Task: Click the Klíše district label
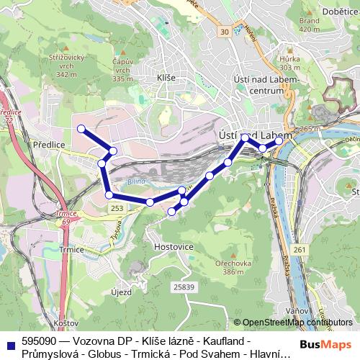point(166,76)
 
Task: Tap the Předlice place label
point(50,145)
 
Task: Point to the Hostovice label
point(174,246)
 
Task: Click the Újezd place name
point(121,292)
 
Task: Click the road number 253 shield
point(118,207)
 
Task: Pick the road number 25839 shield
point(184,287)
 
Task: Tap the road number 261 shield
point(300,250)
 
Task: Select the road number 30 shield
point(225,31)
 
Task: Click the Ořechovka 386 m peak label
point(237,268)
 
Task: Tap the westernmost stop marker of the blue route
point(81,129)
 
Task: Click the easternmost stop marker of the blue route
point(279,141)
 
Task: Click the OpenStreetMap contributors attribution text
point(297,323)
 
